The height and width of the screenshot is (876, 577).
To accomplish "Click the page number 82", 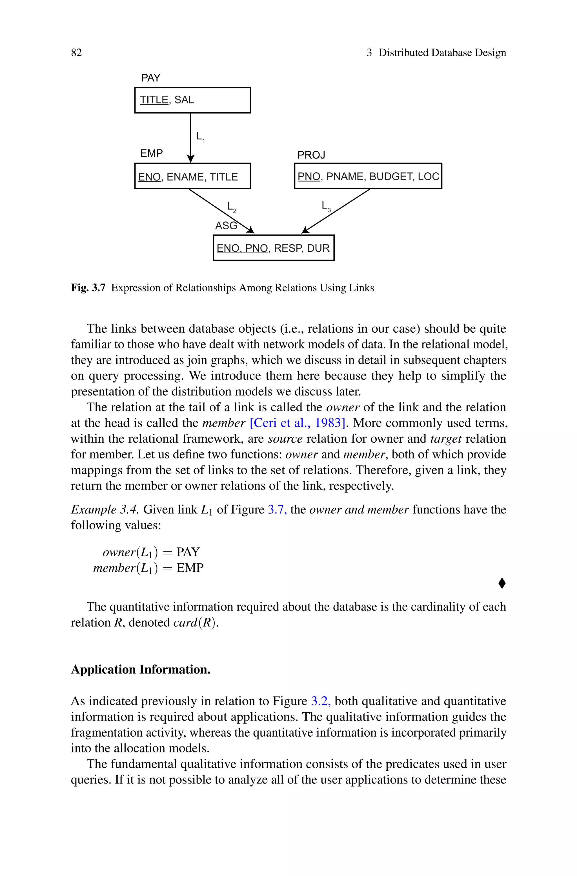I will coord(77,53).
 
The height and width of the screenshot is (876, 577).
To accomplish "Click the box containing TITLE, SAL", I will coord(192,100).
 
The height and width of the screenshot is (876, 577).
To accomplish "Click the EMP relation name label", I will coord(151,153).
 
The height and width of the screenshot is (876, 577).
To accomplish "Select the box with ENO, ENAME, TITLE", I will coord(192,176).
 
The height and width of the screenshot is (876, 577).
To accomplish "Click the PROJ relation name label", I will coord(311,155).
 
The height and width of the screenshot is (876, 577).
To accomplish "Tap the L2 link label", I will coord(232,207).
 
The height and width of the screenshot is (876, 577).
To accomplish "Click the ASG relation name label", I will coord(226,225).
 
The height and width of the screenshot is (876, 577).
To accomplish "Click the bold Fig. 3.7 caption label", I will coord(88,288).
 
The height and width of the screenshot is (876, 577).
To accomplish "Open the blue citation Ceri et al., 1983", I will coord(297,423).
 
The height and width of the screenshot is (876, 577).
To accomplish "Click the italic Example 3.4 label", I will coord(105,510).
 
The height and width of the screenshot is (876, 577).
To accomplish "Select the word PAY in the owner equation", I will coord(188,552).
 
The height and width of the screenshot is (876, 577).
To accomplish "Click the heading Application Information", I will coord(141,669).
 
